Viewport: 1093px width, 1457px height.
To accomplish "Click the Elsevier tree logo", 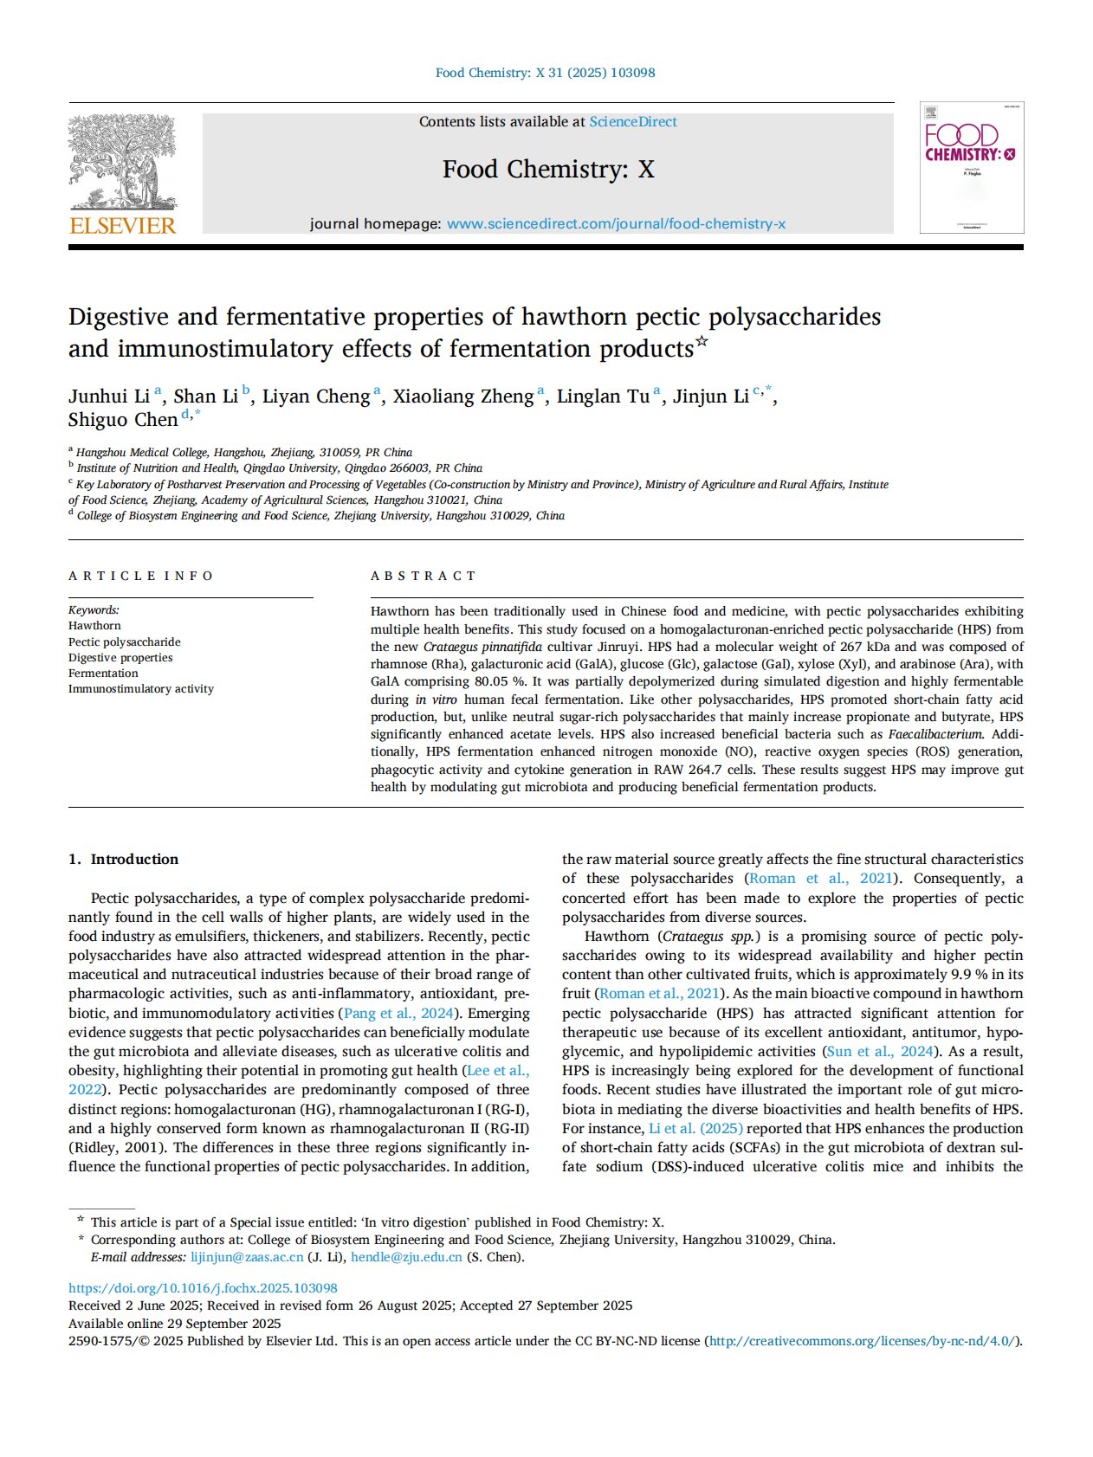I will [x=122, y=163].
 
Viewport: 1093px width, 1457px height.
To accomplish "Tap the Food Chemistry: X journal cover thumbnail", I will [x=972, y=168].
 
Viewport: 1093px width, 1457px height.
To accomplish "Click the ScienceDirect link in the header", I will [x=633, y=122].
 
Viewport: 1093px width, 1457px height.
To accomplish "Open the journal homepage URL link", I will [x=616, y=224].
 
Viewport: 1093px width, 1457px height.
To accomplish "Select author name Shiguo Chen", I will [x=123, y=420].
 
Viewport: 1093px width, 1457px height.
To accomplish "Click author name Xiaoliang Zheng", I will [x=462, y=396].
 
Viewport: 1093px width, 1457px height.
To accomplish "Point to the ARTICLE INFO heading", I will [x=141, y=576].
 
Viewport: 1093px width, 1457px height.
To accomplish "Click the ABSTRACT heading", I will [x=424, y=576].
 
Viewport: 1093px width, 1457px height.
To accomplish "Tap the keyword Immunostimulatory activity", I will [x=141, y=689].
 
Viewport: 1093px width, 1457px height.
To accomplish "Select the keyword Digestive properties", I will [x=120, y=658].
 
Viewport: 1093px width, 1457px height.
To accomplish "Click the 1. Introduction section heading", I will [x=123, y=859].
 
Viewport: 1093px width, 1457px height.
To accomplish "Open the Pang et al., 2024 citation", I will [x=399, y=1013].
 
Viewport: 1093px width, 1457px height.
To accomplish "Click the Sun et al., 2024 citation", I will [x=880, y=1051].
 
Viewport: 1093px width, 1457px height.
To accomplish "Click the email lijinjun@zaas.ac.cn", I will [x=247, y=1257].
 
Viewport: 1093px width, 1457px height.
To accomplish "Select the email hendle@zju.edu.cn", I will [x=406, y=1257].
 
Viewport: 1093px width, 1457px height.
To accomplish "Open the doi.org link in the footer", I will [x=203, y=1288].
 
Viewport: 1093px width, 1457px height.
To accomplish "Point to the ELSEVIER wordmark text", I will [x=122, y=226].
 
